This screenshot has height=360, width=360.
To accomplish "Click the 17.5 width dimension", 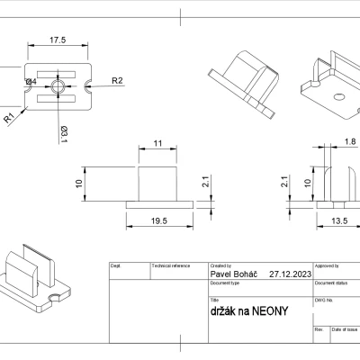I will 58,40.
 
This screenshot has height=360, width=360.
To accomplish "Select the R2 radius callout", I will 117,81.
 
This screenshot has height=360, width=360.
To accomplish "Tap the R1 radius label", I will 9,117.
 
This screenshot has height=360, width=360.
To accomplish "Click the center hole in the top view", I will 58,86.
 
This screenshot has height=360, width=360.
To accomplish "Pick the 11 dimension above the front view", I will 157,143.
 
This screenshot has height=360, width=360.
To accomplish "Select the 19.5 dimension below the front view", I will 157,220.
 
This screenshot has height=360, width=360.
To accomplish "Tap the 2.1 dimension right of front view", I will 206,183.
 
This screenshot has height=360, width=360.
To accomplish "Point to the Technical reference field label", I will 171,266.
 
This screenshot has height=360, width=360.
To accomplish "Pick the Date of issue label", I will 345,331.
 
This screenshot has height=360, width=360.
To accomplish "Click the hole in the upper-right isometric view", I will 340,94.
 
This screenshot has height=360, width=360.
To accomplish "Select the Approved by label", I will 328,266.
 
